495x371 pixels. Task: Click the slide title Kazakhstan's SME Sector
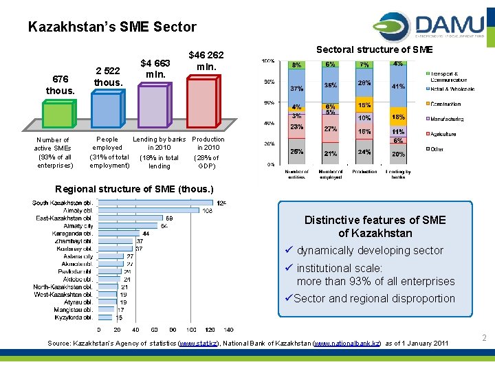112,27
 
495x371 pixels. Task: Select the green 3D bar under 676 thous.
58,114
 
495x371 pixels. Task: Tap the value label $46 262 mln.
206,61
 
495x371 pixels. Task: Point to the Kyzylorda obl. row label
73,317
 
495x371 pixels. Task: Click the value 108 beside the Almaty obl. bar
206,211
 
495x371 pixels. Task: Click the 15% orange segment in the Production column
364,105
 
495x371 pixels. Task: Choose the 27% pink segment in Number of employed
331,128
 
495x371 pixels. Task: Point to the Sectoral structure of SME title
374,49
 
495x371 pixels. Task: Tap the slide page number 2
484,338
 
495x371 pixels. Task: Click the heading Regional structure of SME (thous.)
134,189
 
